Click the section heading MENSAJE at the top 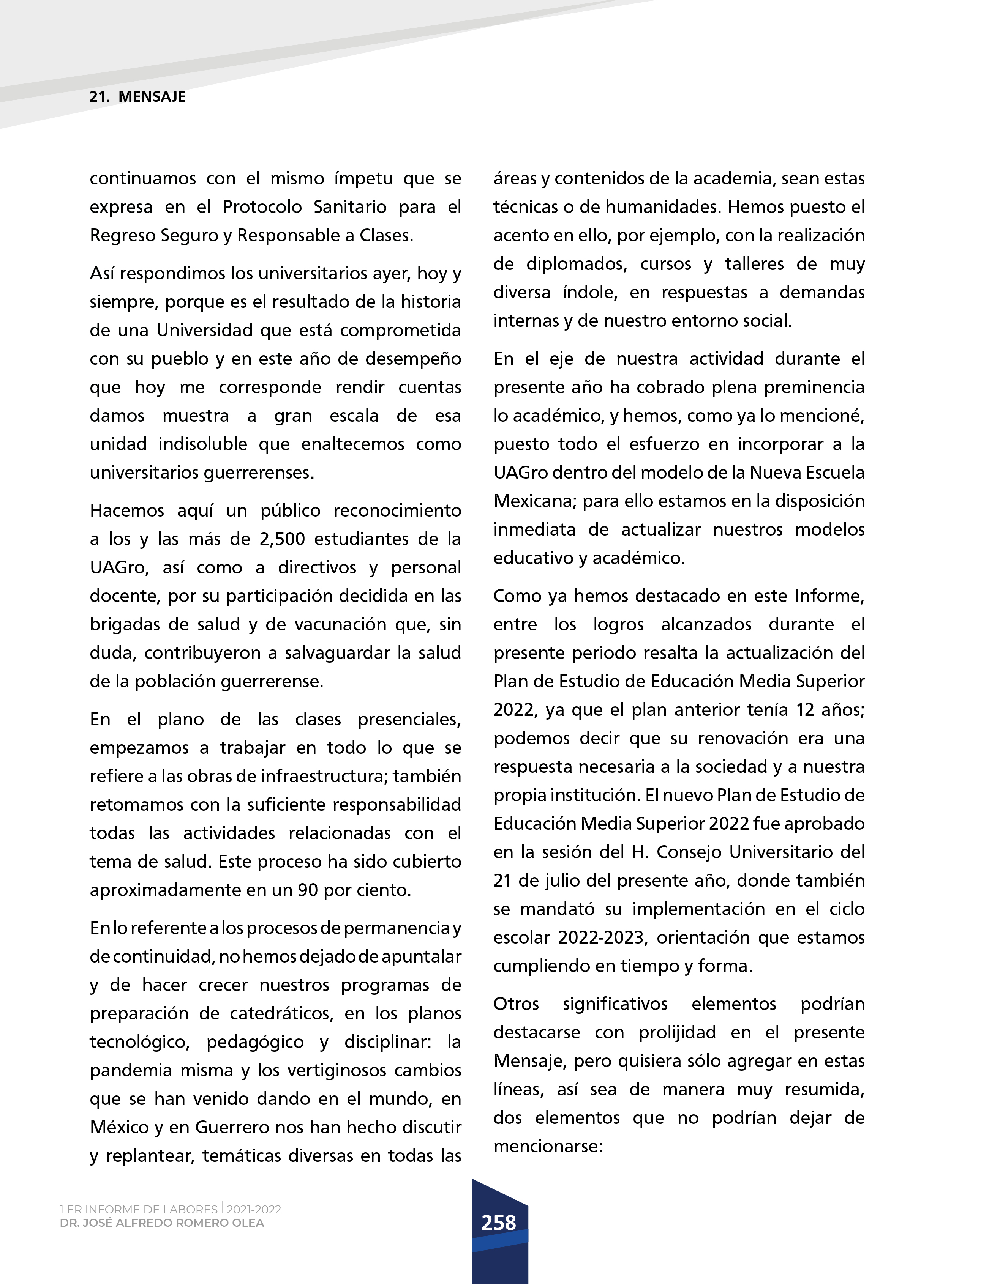tap(152, 97)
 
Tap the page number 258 tap(499, 1223)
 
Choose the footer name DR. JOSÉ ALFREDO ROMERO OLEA tap(162, 1223)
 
